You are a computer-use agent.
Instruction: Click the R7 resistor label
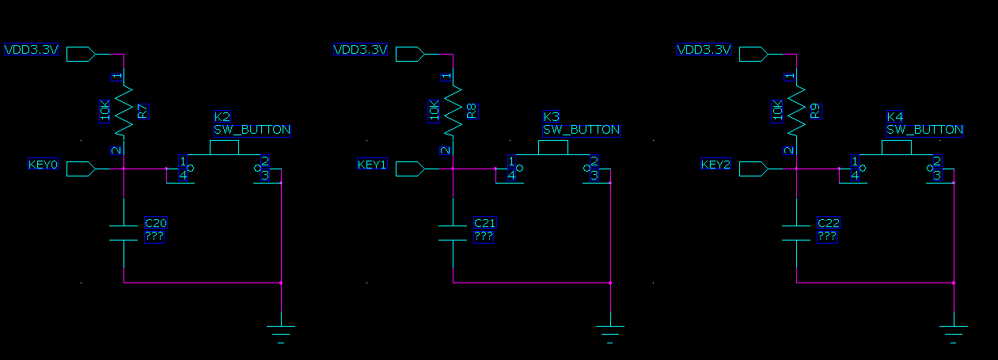(x=142, y=112)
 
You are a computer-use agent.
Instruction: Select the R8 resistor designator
(x=472, y=112)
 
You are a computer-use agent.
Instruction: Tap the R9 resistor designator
(x=815, y=112)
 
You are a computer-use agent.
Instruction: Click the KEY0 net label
(x=43, y=165)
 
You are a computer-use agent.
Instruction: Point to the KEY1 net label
(x=372, y=165)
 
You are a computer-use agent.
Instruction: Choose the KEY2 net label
(x=715, y=165)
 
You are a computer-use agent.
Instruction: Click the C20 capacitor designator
(x=156, y=224)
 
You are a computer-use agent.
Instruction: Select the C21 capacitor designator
(x=484, y=224)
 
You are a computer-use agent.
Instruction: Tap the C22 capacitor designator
(x=828, y=224)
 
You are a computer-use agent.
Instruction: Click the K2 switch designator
(x=222, y=117)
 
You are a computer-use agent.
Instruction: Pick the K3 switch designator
(x=551, y=117)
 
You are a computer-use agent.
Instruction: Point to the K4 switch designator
(x=894, y=117)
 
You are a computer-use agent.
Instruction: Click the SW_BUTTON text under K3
(x=581, y=130)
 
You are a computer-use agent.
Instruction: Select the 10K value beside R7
(x=105, y=112)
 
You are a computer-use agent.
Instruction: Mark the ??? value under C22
(x=827, y=237)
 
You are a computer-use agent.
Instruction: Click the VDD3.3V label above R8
(x=360, y=50)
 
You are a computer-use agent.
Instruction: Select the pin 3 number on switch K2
(x=265, y=176)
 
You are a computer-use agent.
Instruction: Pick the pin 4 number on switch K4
(x=855, y=176)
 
